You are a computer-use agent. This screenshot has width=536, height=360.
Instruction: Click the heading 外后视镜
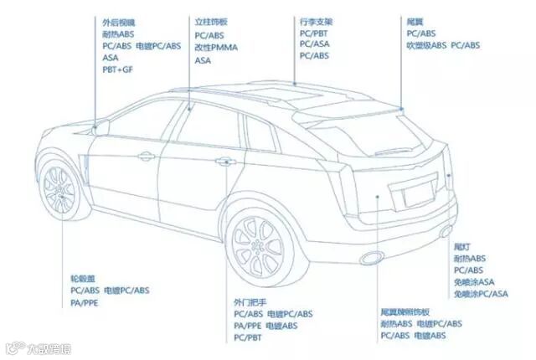tap(118, 22)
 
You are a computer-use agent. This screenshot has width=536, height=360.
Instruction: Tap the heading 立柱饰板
tap(210, 22)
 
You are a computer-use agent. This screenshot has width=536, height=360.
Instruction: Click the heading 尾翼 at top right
tap(413, 19)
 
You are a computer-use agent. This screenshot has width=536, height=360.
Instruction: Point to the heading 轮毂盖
tap(83, 277)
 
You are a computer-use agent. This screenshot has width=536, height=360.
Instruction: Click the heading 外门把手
tap(250, 301)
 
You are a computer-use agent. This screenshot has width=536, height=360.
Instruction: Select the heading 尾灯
tap(461, 246)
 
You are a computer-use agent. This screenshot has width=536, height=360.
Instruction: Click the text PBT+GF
tap(117, 70)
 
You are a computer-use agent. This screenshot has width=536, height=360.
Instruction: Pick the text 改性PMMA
tap(216, 48)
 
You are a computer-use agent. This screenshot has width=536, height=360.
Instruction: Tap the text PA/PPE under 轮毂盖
tap(85, 302)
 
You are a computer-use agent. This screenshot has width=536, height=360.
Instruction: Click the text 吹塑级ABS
tap(426, 44)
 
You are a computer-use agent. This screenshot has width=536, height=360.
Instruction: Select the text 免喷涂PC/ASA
tap(481, 294)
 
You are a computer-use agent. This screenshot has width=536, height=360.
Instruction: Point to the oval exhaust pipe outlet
tap(368, 256)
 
